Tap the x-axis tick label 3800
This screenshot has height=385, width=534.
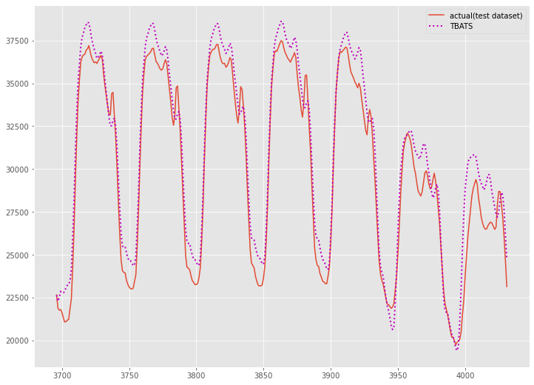point(196,376)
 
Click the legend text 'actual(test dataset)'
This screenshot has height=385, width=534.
point(486,16)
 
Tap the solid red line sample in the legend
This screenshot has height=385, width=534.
point(438,16)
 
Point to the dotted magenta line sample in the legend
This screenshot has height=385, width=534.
point(438,27)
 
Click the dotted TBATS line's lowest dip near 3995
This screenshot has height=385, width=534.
point(456,349)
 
